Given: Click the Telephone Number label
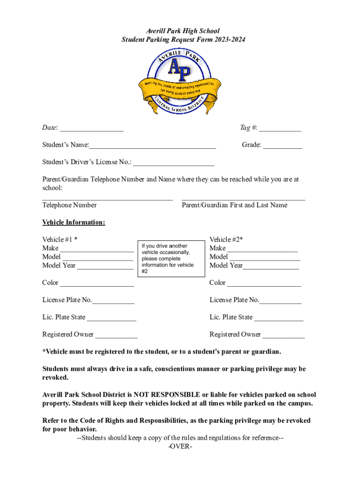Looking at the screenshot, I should click(x=70, y=205).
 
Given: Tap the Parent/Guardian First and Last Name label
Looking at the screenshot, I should click(x=234, y=205).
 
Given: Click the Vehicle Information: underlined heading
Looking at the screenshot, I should click(x=73, y=222).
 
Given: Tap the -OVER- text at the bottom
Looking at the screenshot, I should click(x=180, y=446).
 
